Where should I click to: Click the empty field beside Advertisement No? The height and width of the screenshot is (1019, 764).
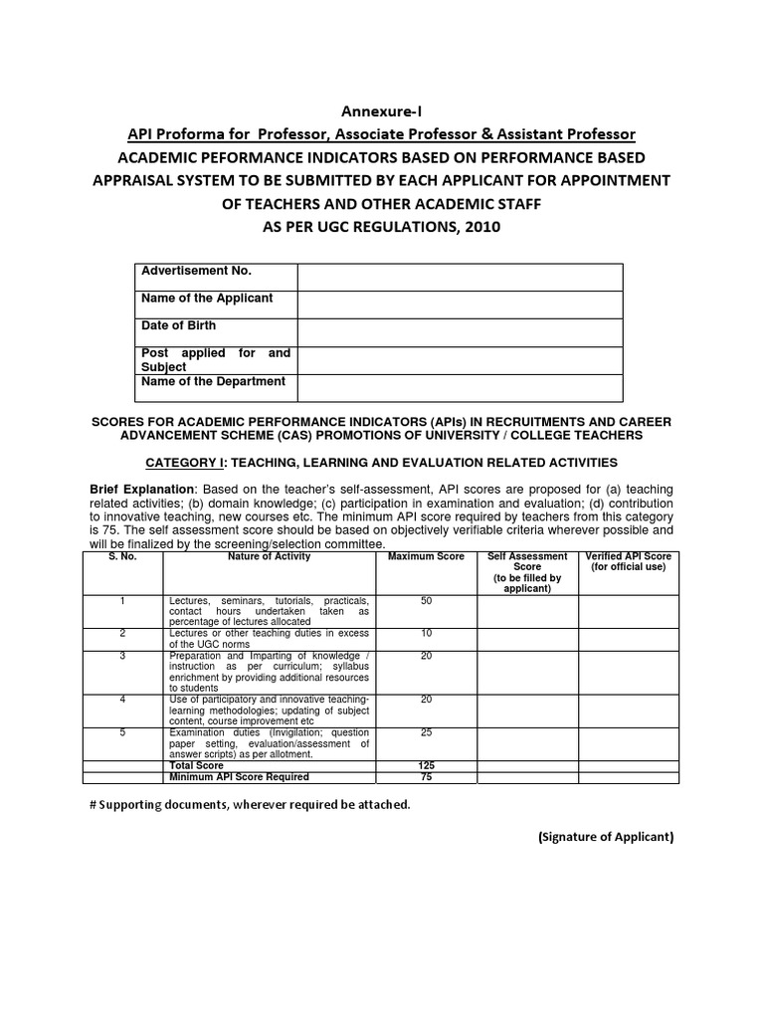(x=460, y=277)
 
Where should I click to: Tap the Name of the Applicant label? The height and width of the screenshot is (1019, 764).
(x=207, y=299)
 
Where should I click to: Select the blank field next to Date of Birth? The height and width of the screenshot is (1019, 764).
(x=460, y=332)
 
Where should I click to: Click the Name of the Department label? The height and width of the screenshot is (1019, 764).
(x=213, y=382)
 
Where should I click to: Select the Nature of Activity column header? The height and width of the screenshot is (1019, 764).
(x=269, y=557)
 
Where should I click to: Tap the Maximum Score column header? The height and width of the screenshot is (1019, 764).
(x=426, y=557)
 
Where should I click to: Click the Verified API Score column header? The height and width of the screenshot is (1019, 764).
(x=629, y=562)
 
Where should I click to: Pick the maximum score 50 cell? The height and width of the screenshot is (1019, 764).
(x=426, y=601)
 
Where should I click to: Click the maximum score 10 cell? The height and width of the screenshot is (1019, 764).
(x=426, y=633)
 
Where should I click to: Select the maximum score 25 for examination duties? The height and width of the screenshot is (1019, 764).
(x=426, y=732)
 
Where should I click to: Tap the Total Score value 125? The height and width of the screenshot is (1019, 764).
(x=426, y=765)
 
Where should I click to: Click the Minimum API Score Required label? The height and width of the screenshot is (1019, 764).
(x=239, y=776)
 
